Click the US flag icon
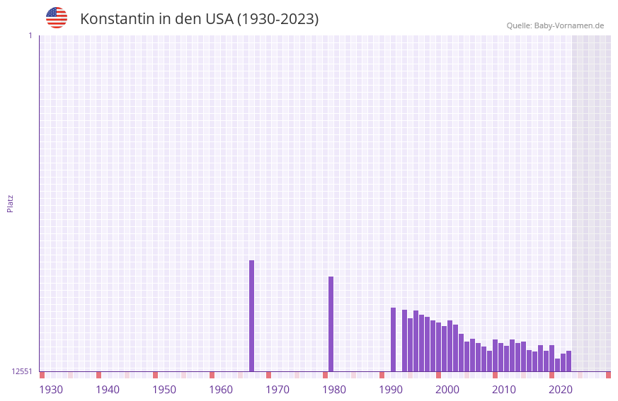tap(57, 18)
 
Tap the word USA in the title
tap(219, 19)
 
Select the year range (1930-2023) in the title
tap(277, 19)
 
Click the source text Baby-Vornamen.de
tap(568, 25)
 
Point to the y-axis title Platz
tap(10, 203)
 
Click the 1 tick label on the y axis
tap(30, 35)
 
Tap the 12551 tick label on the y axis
tap(22, 371)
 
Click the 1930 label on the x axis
tap(51, 390)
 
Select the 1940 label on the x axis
tap(108, 390)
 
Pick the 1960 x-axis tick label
tap(221, 390)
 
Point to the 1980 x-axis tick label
tap(334, 390)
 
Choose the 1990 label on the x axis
tap(391, 390)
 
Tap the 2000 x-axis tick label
tap(447, 390)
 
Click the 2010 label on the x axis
tap(504, 390)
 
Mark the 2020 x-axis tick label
tap(561, 390)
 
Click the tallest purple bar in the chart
tap(251, 315)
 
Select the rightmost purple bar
tap(568, 361)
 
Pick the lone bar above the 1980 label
tap(331, 324)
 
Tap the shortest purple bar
tap(557, 365)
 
